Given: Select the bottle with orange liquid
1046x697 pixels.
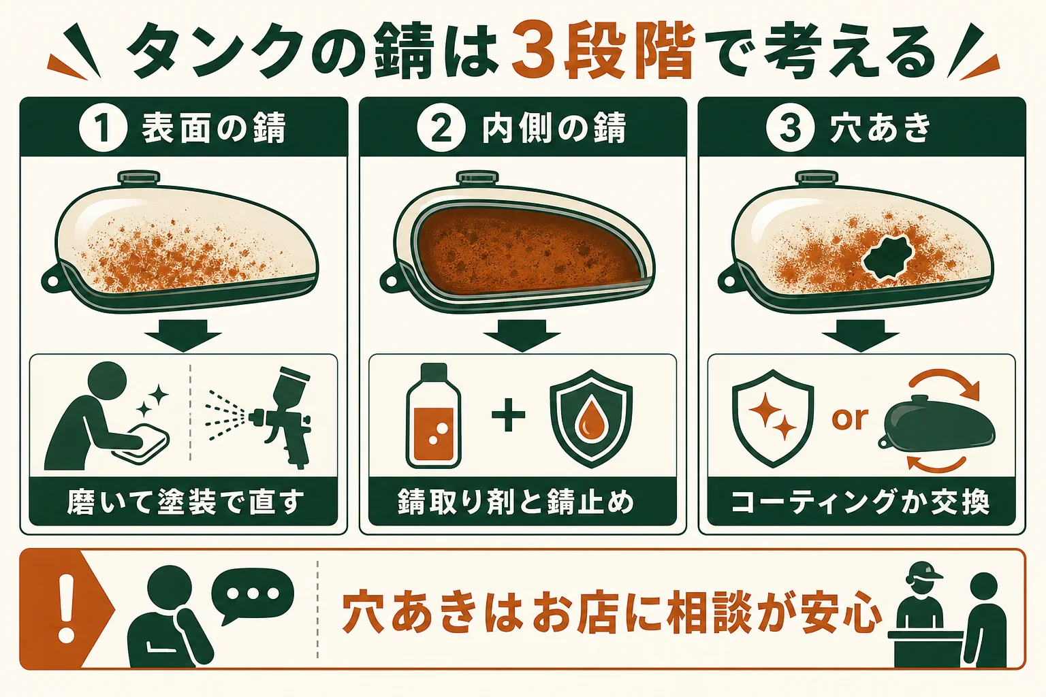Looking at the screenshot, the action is [433, 415].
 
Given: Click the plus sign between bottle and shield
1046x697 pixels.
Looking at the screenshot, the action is [509, 415].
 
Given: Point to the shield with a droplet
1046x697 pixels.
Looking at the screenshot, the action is [591, 419].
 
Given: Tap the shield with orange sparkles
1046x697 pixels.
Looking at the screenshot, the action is [774, 419].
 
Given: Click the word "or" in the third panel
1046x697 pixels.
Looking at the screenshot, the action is [850, 419].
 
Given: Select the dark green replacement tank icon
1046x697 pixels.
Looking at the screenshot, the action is [937, 423].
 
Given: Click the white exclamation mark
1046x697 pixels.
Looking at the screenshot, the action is [66, 608].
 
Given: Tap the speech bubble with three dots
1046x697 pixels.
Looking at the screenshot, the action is [253, 594].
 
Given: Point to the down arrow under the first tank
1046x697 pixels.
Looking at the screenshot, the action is [183, 336].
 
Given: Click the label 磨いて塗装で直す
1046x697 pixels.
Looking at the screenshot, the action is [185, 502].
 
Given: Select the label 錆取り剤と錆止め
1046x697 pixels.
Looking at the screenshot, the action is [516, 502].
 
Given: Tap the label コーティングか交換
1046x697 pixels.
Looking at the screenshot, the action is [860, 502].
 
